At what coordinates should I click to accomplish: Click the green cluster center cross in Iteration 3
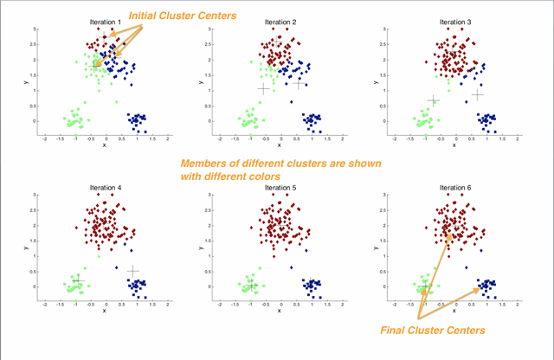(x=434, y=100)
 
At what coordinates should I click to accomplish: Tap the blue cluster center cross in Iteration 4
(x=132, y=271)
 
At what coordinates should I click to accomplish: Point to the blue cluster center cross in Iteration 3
(x=477, y=94)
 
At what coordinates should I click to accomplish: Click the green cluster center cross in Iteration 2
(x=264, y=89)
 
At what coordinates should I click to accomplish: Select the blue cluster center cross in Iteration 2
(x=300, y=84)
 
